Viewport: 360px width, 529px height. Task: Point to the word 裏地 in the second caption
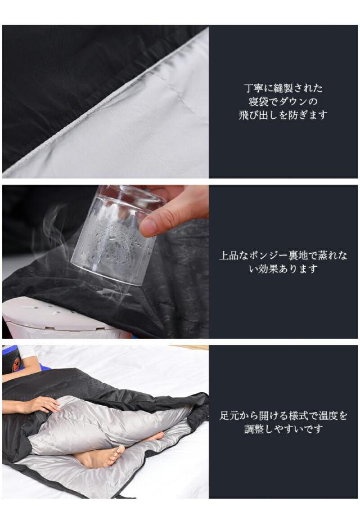point(301,255)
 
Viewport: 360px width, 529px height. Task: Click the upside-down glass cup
point(115,234)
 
